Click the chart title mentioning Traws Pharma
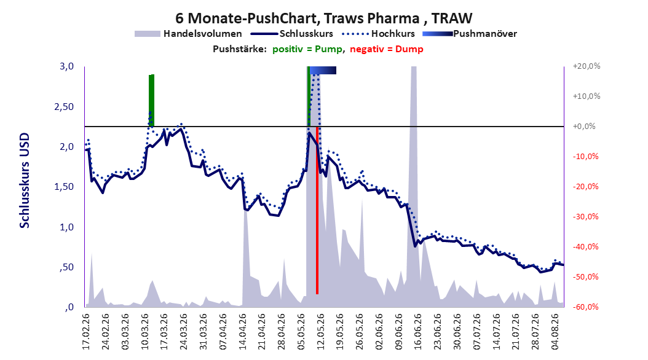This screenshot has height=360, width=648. coord(323,18)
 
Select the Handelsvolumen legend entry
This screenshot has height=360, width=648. coord(188,34)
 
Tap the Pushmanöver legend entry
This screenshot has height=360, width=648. coord(470,34)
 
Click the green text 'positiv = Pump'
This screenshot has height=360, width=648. coord(307,49)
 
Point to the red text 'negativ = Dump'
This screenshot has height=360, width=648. coord(387,49)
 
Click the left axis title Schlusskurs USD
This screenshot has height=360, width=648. coord(25,181)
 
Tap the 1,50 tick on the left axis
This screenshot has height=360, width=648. coord(65,187)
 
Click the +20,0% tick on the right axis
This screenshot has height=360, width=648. coord(587,66)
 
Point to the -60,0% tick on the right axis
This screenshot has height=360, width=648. coord(585,307)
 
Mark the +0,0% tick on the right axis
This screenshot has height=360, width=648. coord(584,127)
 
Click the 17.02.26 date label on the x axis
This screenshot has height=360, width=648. coord(86,332)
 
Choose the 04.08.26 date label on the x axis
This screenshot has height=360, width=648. coord(555,332)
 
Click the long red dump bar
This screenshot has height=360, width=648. coord(317,210)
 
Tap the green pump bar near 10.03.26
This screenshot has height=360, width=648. coord(151,100)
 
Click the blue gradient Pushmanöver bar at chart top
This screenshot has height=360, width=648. coord(323,70)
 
